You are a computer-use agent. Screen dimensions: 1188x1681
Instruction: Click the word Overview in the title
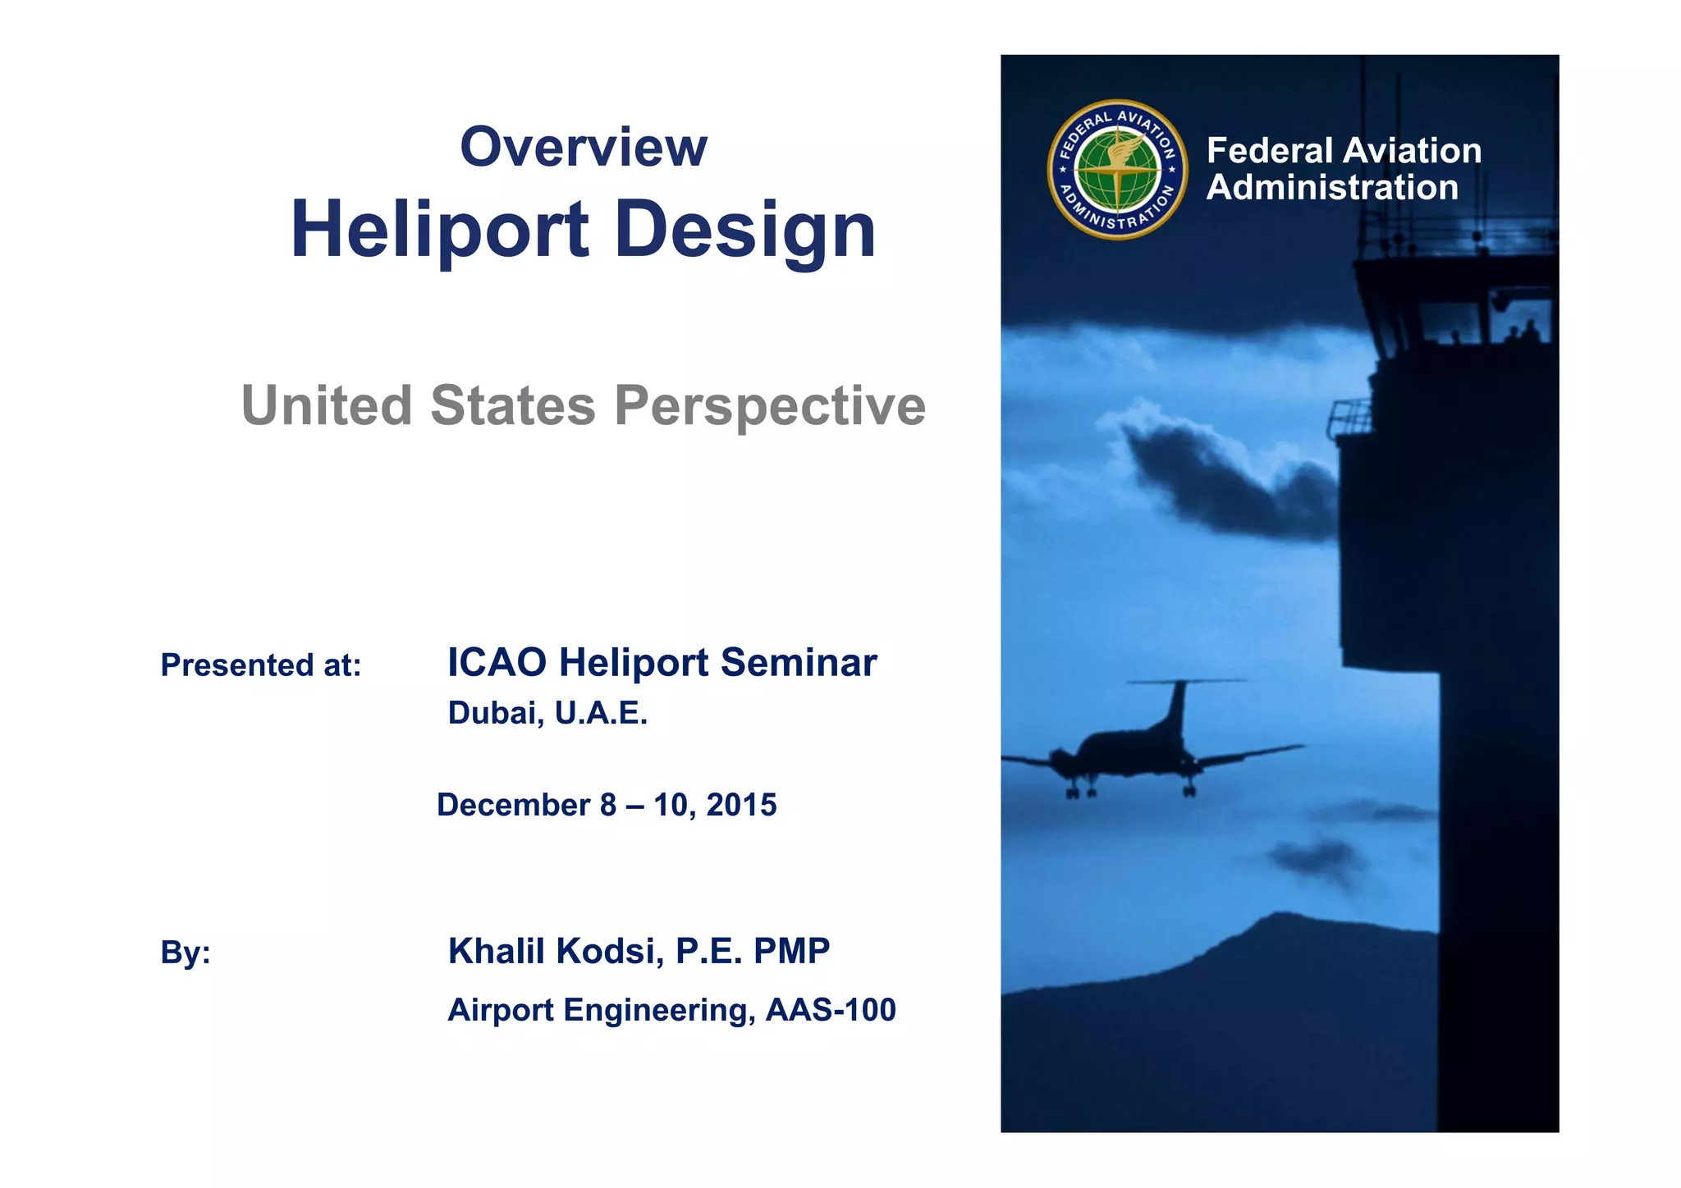(583, 148)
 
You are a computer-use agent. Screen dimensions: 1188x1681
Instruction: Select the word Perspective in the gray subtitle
(769, 406)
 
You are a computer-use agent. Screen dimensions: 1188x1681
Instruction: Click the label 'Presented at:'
(261, 665)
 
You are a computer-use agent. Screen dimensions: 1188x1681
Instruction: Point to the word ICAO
(497, 663)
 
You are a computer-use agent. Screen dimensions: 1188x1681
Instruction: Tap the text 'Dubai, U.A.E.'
(547, 714)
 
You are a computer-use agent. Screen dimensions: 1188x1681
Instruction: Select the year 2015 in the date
(741, 806)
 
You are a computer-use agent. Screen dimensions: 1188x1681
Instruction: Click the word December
(513, 806)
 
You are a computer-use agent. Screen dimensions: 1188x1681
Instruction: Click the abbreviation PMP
(791, 952)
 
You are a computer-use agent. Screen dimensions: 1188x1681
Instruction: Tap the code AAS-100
(830, 1010)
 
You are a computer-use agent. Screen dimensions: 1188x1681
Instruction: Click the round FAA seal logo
(1117, 170)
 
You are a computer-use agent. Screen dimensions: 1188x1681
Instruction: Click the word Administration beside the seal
(1332, 188)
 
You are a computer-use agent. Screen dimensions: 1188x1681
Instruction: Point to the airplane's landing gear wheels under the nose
(1080, 793)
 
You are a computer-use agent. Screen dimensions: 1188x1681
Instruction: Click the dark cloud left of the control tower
(1223, 484)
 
